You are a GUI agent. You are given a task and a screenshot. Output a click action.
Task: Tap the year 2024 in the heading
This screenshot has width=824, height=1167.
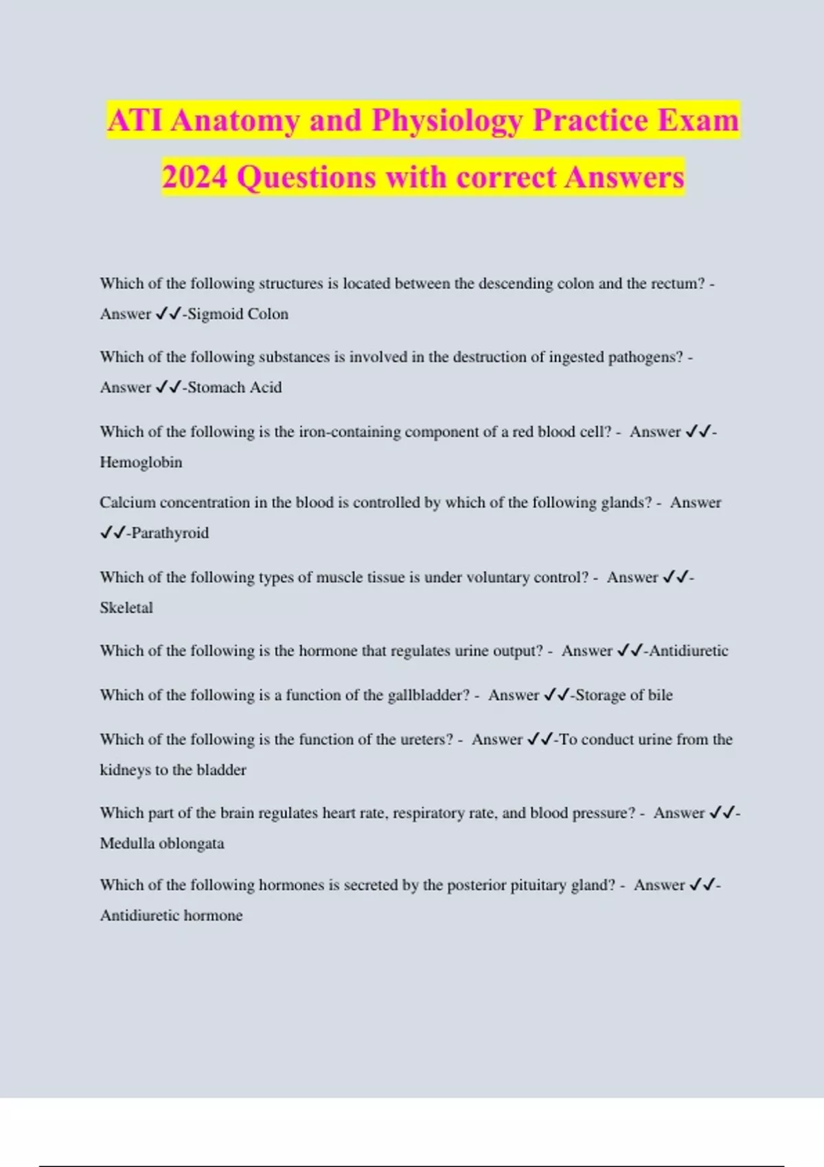[x=194, y=178]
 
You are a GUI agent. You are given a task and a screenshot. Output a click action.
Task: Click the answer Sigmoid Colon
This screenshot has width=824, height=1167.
[x=238, y=314]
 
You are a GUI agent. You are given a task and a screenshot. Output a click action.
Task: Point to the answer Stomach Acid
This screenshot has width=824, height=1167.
[x=235, y=387]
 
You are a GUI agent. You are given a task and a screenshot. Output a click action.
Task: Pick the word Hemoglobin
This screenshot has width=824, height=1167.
[x=141, y=462]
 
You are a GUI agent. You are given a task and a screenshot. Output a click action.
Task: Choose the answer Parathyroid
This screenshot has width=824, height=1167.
[x=170, y=533]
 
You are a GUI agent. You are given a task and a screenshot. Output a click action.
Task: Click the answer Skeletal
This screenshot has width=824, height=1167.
[x=126, y=608]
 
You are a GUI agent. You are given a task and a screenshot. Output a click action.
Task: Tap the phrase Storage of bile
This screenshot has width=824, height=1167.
[x=623, y=695]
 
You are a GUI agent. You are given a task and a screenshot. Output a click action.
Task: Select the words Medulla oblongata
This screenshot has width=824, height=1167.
[x=162, y=843]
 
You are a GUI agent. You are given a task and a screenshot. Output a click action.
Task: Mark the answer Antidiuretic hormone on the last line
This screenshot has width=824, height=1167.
[x=171, y=915]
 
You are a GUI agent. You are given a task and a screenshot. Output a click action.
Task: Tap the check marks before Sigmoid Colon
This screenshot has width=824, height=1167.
[x=168, y=314]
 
